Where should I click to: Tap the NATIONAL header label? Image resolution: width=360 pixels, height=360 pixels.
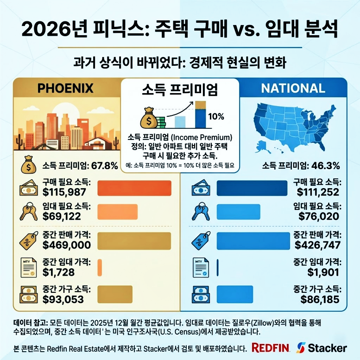point(292,88)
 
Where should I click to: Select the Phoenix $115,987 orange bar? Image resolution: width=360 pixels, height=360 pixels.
point(135,188)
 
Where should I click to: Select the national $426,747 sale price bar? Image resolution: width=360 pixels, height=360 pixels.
point(253,240)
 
